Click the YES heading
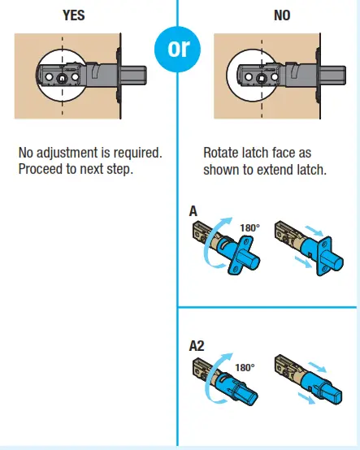[75, 14]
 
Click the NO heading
[282, 14]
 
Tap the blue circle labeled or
[177, 49]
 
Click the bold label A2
[197, 345]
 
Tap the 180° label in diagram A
[249, 228]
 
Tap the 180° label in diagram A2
[244, 367]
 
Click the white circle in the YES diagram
[63, 77]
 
